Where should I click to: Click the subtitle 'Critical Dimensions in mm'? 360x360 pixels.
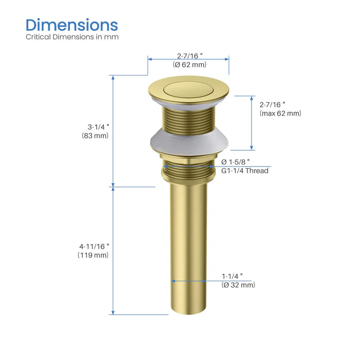[72, 37]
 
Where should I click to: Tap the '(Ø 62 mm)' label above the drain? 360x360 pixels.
[189, 65]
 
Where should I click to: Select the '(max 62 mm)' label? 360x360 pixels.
[280, 114]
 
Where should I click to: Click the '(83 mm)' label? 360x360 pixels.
[95, 136]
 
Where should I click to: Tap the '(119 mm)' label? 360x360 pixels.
[93, 255]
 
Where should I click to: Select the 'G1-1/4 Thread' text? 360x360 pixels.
[245, 171]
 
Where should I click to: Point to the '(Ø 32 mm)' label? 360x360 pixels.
[238, 285]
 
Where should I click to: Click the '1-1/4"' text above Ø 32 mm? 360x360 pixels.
[232, 276]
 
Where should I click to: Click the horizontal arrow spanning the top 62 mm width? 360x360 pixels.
[188, 58]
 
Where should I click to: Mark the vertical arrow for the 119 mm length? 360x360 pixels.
[113, 250]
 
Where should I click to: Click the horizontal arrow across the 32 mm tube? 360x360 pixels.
[188, 281]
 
